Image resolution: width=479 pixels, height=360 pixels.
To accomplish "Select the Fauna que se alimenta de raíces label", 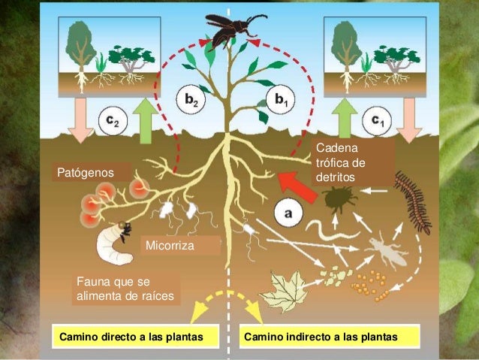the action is (x=125, y=289).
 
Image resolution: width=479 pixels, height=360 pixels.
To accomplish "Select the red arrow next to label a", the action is (x=294, y=183).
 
